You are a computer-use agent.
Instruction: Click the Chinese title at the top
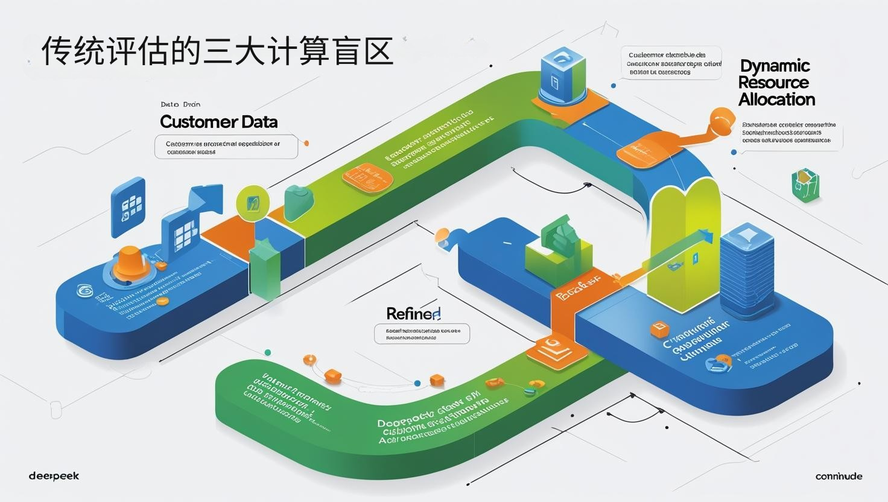click(217, 51)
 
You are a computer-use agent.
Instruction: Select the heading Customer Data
click(218, 122)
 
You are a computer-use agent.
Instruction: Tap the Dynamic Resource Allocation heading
click(776, 83)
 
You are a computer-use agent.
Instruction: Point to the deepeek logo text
click(54, 476)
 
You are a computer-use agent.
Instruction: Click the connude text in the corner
click(839, 476)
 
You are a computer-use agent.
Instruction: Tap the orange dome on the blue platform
click(131, 263)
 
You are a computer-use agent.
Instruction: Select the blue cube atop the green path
click(563, 75)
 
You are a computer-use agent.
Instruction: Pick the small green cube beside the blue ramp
click(805, 185)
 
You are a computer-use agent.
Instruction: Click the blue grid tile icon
click(128, 206)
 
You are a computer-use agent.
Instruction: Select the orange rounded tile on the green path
click(367, 176)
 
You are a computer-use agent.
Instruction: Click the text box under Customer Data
click(226, 147)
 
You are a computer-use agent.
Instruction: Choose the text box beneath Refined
click(422, 334)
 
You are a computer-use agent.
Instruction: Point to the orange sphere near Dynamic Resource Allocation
click(721, 121)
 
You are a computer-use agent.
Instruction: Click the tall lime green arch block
click(685, 247)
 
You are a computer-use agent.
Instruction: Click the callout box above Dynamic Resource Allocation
click(671, 63)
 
